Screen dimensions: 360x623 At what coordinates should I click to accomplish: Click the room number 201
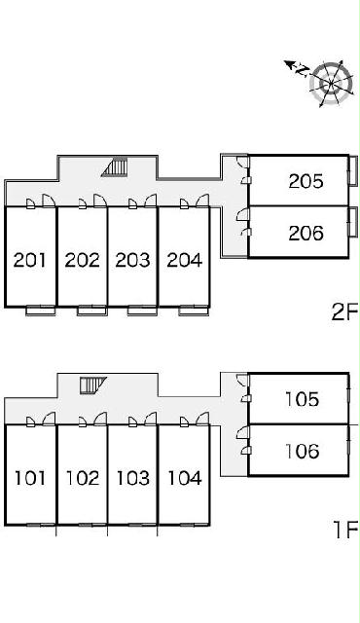(x=30, y=260)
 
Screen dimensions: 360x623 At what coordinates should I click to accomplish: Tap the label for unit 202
(x=82, y=260)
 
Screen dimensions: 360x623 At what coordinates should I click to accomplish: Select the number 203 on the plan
(x=133, y=260)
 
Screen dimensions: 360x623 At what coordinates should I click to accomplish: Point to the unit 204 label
(x=185, y=260)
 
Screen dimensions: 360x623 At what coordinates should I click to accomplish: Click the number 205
(x=306, y=181)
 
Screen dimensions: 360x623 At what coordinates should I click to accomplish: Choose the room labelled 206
(x=306, y=233)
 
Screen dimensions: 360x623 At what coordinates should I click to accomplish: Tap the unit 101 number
(x=30, y=478)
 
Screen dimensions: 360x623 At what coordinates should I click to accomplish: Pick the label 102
(x=83, y=478)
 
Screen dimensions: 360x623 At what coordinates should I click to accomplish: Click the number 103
(x=133, y=478)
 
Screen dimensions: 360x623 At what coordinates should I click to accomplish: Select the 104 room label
(x=185, y=478)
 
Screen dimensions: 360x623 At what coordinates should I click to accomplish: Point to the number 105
(x=303, y=399)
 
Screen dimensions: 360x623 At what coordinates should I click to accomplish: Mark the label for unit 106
(x=303, y=451)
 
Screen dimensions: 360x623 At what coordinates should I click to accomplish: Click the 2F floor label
(x=344, y=311)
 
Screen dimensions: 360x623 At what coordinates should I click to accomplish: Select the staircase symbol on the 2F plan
(x=115, y=166)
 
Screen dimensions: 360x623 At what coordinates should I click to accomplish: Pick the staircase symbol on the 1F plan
(x=93, y=385)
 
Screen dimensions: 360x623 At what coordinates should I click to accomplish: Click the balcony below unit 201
(x=41, y=311)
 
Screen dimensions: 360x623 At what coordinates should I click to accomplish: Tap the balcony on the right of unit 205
(x=353, y=170)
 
